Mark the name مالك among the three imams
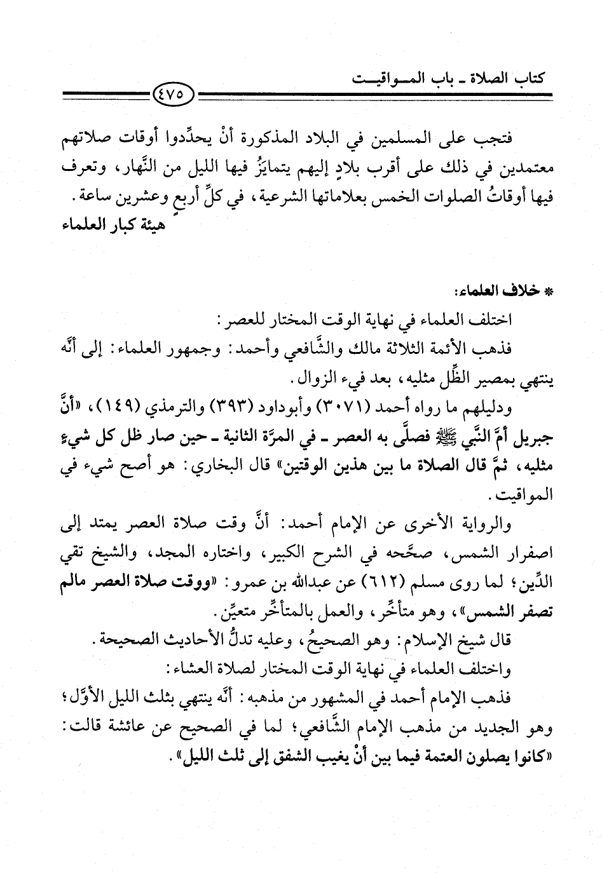click(x=395, y=350)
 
